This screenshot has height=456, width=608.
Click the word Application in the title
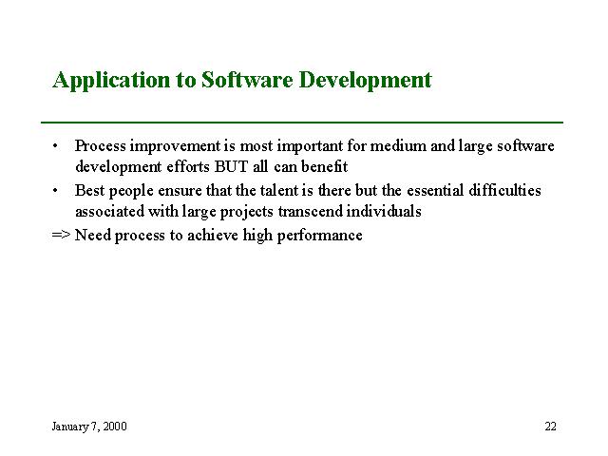point(111,81)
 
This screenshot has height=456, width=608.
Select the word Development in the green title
point(365,80)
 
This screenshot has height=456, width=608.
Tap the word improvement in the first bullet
point(175,147)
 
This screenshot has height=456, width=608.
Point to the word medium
point(398,145)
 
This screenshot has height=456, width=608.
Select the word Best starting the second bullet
point(90,190)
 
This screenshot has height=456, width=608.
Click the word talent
point(279,190)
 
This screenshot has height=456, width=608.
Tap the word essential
point(435,190)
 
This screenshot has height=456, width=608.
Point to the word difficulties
point(504,190)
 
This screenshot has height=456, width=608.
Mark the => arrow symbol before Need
point(61,235)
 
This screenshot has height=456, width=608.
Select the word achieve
point(213,235)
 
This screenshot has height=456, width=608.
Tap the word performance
point(320,236)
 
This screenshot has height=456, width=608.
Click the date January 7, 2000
point(89,427)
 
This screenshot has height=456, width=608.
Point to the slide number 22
point(551,427)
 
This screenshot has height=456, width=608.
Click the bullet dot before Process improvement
point(55,146)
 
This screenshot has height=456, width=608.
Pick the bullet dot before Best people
point(55,190)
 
